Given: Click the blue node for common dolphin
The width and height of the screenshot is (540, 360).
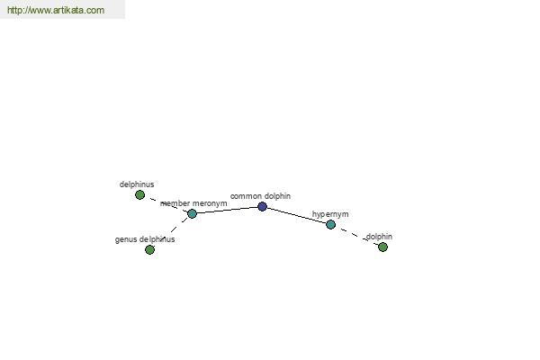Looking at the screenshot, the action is click(262, 206).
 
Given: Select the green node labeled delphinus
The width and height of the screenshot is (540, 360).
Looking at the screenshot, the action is click(139, 195).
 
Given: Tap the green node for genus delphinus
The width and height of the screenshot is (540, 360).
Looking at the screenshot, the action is click(149, 250).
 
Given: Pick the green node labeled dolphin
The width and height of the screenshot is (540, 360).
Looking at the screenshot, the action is click(382, 247).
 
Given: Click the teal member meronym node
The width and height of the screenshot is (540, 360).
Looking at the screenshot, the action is click(193, 213).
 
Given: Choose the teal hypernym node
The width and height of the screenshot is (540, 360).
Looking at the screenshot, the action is click(330, 225).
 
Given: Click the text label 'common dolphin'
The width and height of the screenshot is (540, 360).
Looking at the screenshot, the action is click(260, 196).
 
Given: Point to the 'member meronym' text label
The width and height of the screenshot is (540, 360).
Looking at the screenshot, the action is click(193, 203).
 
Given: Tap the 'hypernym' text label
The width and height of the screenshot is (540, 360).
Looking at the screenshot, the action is click(330, 214).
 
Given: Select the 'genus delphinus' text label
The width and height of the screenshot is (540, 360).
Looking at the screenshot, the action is click(145, 239).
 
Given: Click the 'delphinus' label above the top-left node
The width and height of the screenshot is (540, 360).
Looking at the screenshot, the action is click(137, 184).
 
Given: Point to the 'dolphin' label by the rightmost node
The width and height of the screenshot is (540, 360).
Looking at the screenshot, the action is click(379, 237).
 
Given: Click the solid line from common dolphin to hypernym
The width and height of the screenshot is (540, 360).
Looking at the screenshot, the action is click(296, 216).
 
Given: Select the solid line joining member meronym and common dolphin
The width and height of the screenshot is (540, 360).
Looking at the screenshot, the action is click(228, 210).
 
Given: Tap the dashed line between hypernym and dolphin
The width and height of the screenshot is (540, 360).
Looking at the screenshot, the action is click(356, 236).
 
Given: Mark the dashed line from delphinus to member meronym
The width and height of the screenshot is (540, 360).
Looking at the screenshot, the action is click(166, 204).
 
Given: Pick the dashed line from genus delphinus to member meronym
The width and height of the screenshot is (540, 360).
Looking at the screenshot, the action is click(171, 231).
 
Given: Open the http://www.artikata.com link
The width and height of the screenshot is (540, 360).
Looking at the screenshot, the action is click(56, 10).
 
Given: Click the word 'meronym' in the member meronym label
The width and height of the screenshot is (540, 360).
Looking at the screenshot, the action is click(210, 203).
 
